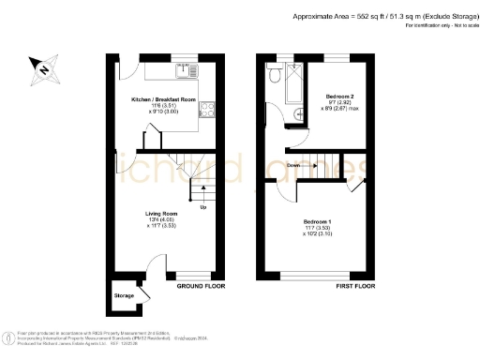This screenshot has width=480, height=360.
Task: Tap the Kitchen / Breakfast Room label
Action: pos(161,98)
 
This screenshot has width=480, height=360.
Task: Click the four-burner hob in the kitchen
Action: pos(208,108)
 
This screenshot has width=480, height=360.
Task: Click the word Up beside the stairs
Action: pos(203,207)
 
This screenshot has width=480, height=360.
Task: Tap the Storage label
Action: pos(124,295)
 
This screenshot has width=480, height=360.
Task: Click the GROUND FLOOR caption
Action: pos(199,286)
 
